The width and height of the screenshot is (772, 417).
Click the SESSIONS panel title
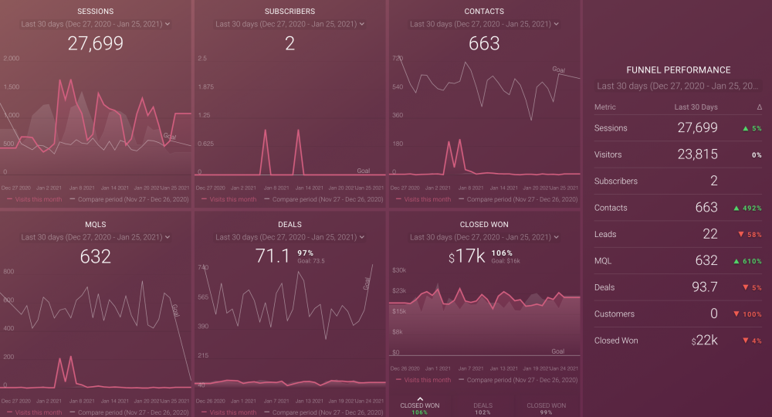(x=96, y=12)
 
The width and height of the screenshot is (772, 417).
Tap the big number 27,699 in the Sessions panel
(x=96, y=43)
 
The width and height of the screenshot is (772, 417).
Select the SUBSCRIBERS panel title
(x=289, y=12)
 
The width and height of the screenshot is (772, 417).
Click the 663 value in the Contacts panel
(x=484, y=43)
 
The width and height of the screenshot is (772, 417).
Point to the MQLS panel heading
(x=96, y=225)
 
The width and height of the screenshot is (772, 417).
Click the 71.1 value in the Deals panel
(x=273, y=256)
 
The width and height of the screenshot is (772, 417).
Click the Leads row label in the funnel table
(x=605, y=234)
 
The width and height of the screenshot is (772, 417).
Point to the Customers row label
(x=614, y=314)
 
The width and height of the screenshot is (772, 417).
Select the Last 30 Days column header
(x=696, y=107)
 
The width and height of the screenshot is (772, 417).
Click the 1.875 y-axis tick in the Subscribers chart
(x=207, y=86)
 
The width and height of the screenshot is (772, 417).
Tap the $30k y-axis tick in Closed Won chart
(x=399, y=270)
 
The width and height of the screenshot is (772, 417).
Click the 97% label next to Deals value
(x=305, y=253)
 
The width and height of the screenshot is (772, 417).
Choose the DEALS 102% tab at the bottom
(x=482, y=409)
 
